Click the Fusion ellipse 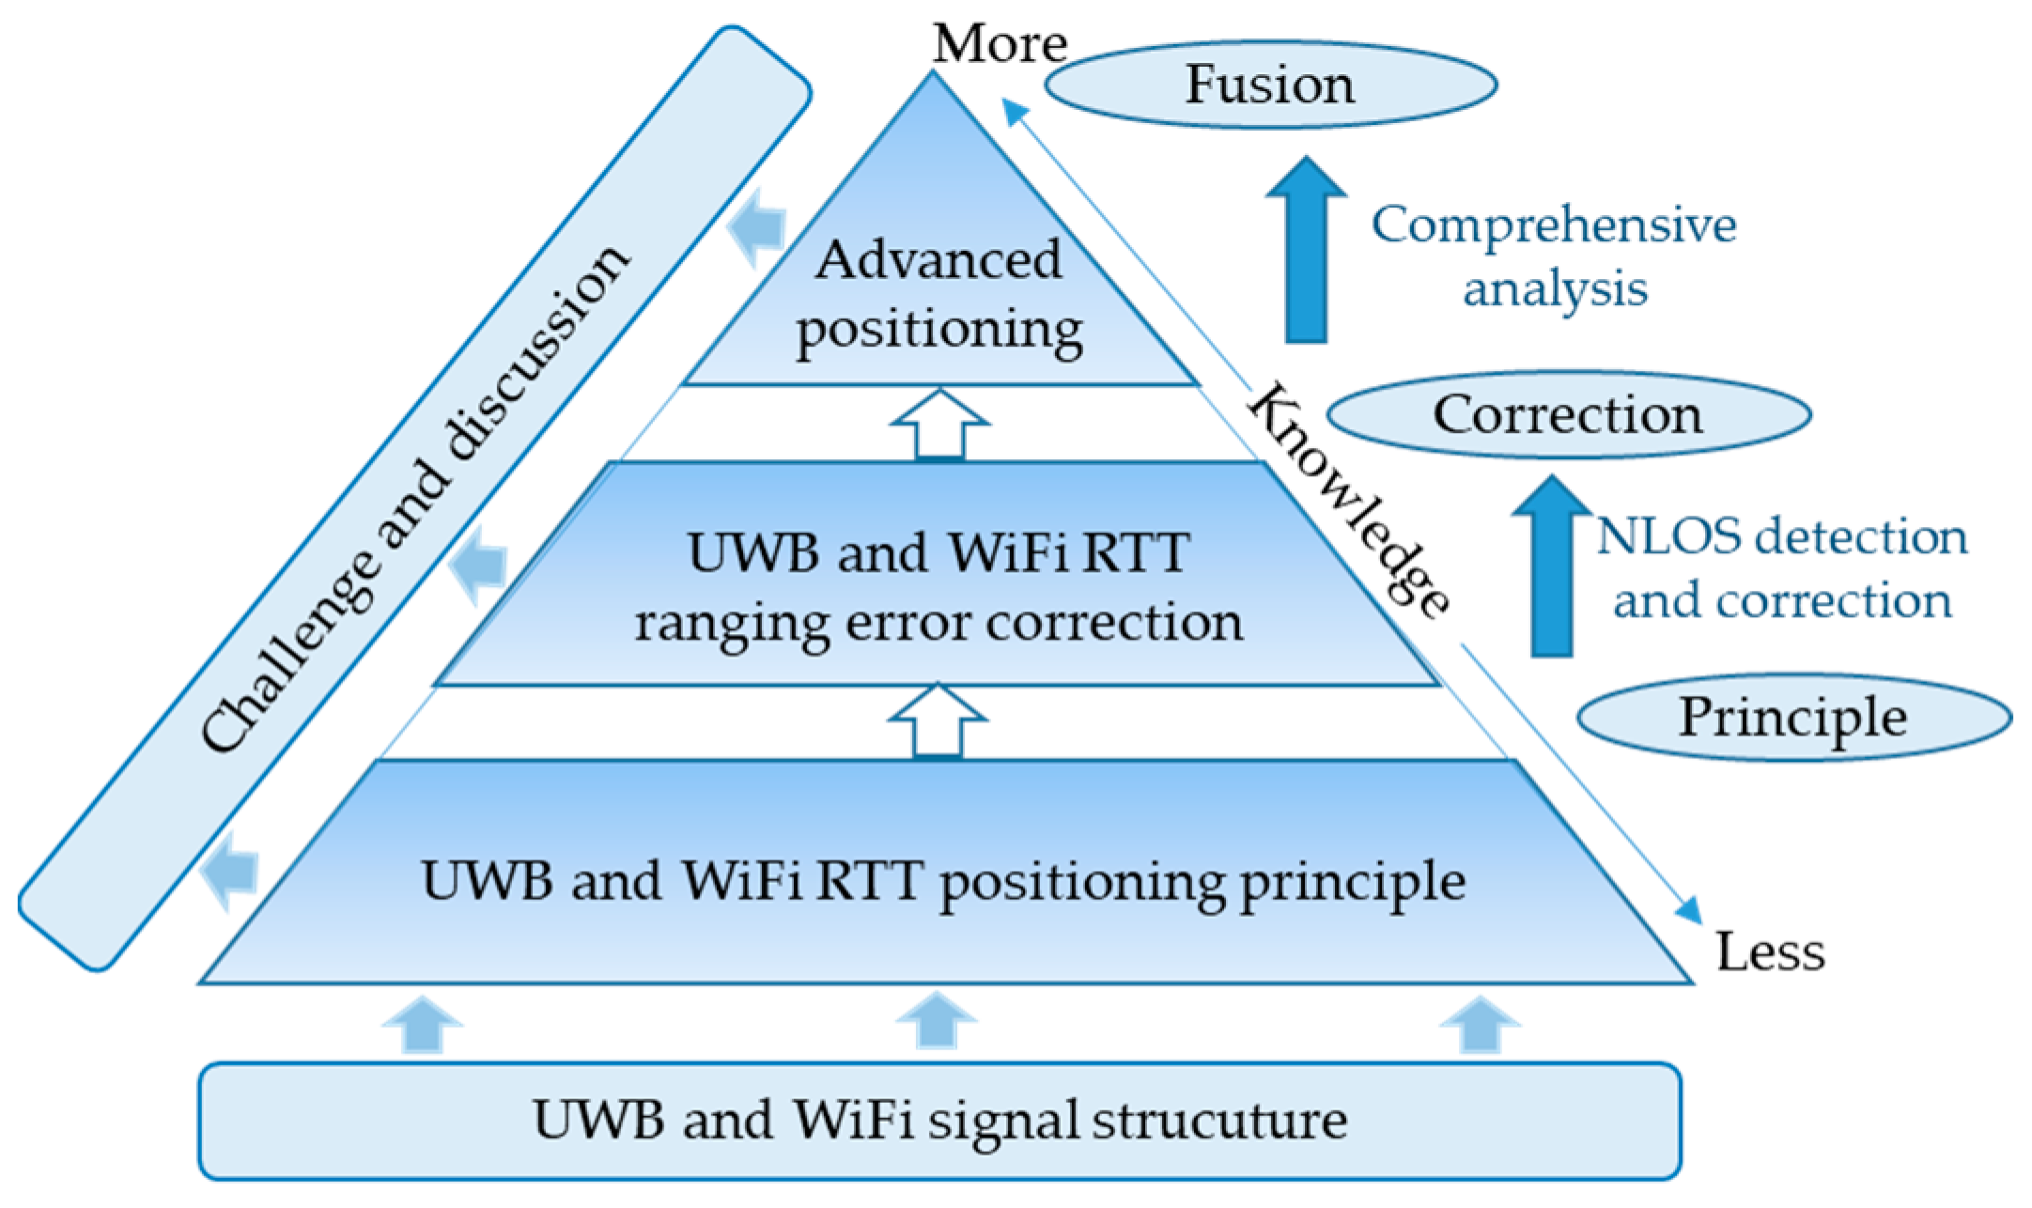coord(1270,85)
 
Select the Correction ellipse coord(1567,414)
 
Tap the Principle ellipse coord(1792,718)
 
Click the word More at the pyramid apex coord(1000,44)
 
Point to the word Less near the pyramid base coord(1770,952)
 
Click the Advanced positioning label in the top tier coord(938,294)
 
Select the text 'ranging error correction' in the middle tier coord(938,623)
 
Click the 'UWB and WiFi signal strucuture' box coord(939,1121)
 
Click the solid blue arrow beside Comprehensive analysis coord(1306,249)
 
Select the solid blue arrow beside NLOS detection coord(1552,566)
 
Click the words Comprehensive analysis coord(1554,256)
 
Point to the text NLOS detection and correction coord(1781,568)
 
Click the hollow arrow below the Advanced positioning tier coord(939,425)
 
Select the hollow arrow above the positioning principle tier coord(938,720)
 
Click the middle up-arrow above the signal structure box coord(937,1022)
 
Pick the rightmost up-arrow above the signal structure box coord(1480,1025)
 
